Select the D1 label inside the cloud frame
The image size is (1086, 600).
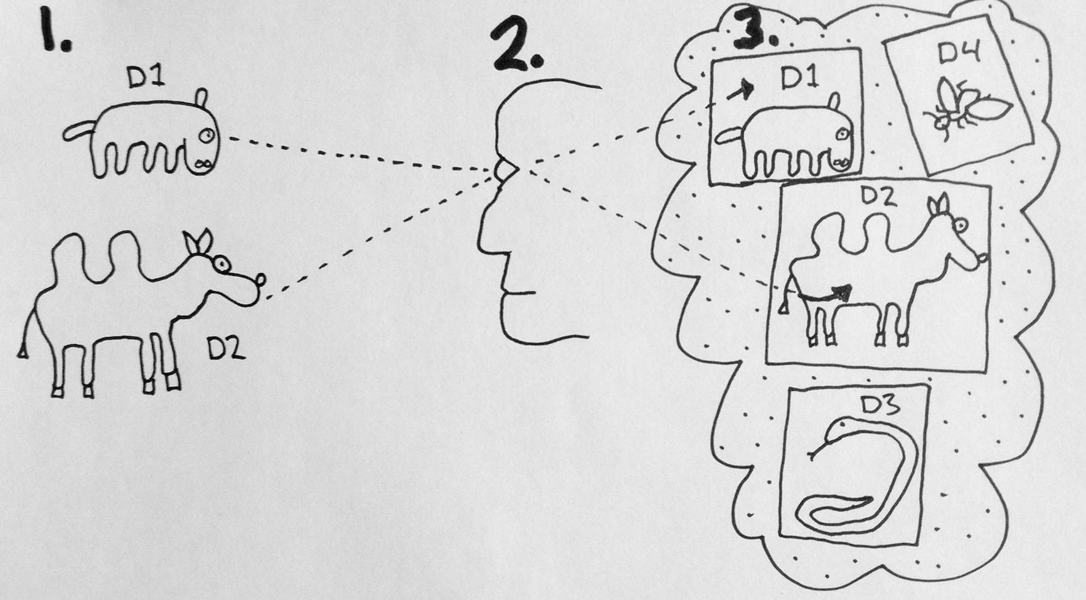799,78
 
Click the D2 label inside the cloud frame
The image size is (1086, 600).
878,196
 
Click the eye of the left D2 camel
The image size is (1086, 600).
220,264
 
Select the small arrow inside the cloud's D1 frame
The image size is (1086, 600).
739,91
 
